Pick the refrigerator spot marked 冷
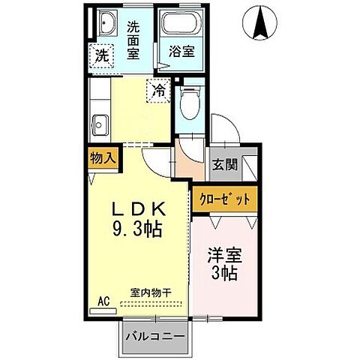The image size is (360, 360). pyautogui.click(x=158, y=90)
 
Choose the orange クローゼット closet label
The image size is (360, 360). pyautogui.click(x=225, y=200)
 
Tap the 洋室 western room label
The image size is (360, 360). pyautogui.click(x=223, y=256)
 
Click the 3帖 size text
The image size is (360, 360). pyautogui.click(x=223, y=274)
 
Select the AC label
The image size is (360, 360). pyautogui.click(x=103, y=301)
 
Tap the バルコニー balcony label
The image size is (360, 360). pyautogui.click(x=154, y=335)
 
